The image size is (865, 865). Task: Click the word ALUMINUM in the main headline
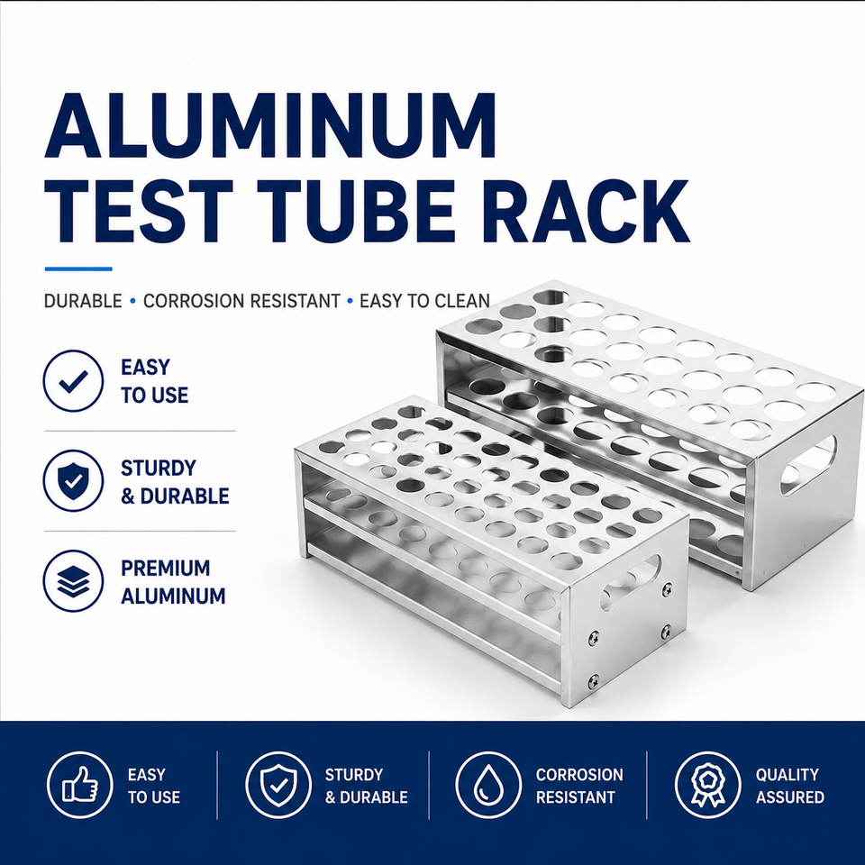click(269, 126)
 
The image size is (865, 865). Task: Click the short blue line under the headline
click(78, 269)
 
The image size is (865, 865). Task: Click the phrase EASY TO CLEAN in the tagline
click(424, 301)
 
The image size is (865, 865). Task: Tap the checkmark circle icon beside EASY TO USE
click(73, 380)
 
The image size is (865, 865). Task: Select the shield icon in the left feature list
click(73, 480)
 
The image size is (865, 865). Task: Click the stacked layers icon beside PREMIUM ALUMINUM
click(73, 581)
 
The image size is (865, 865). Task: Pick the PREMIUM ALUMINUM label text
click(173, 582)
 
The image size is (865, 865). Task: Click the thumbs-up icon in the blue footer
click(80, 785)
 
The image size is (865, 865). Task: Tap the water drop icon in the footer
click(488, 785)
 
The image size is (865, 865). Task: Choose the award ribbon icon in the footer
click(708, 785)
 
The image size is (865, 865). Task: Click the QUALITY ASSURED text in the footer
click(789, 786)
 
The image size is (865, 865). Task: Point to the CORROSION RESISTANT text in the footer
click(579, 786)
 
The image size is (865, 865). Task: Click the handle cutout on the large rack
click(809, 465)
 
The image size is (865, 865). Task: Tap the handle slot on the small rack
click(632, 583)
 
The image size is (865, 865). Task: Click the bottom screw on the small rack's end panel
click(594, 682)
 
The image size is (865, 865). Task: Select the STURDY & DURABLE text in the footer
click(367, 786)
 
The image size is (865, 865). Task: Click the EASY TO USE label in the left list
click(154, 381)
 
